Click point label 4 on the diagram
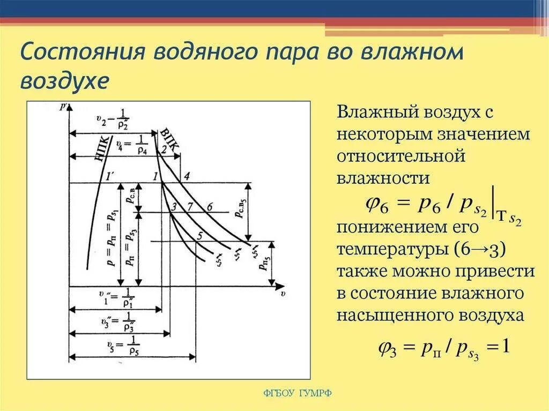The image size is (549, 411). (x=187, y=176)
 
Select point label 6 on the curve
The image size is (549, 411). (x=209, y=207)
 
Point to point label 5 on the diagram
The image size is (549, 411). (x=199, y=235)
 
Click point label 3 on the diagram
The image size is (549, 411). (x=174, y=207)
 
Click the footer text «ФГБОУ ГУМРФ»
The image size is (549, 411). (x=298, y=393)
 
